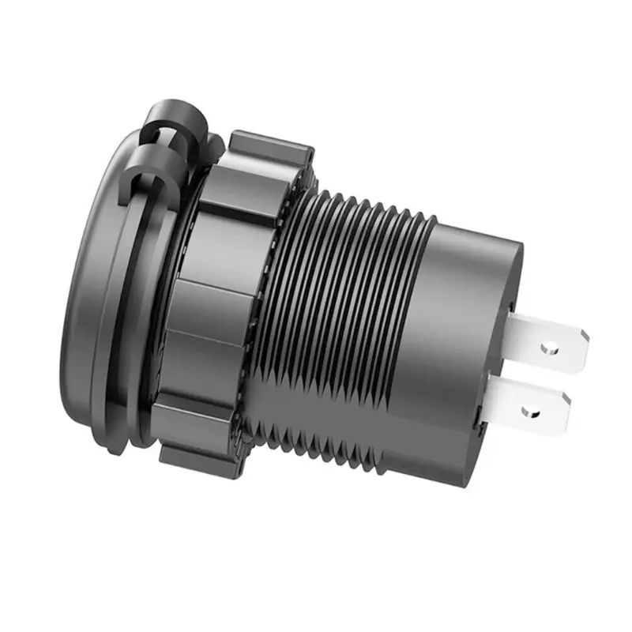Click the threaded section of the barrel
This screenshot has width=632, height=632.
pos(332,316)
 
